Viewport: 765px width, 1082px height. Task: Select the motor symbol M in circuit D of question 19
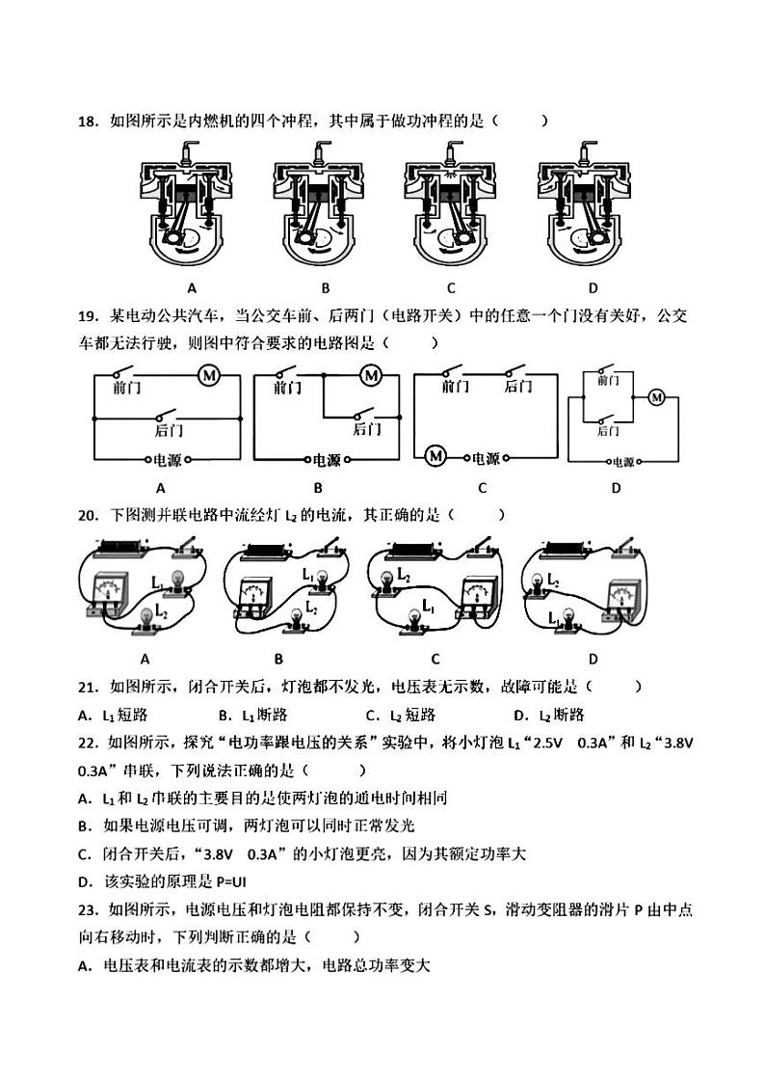[657, 396]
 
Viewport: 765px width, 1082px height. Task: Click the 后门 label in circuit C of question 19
[517, 387]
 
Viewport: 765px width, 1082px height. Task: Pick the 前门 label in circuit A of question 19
[126, 388]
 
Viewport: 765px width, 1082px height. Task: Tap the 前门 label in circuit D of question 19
[607, 381]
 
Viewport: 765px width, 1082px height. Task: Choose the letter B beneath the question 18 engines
[326, 287]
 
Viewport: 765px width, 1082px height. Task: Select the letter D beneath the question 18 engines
[593, 287]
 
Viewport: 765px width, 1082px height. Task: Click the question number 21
[88, 687]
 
